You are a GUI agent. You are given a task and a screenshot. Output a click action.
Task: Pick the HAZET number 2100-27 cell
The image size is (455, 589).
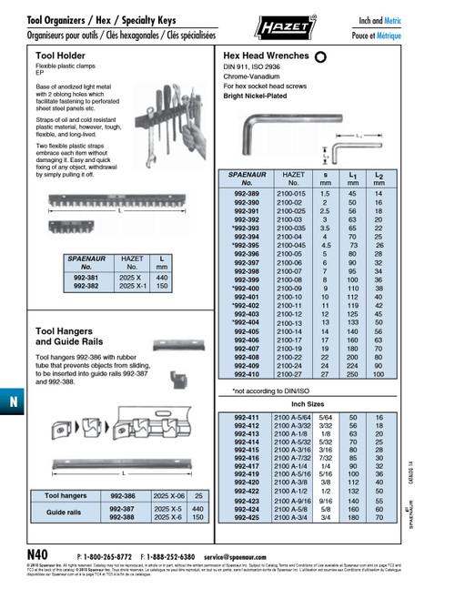(292, 373)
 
